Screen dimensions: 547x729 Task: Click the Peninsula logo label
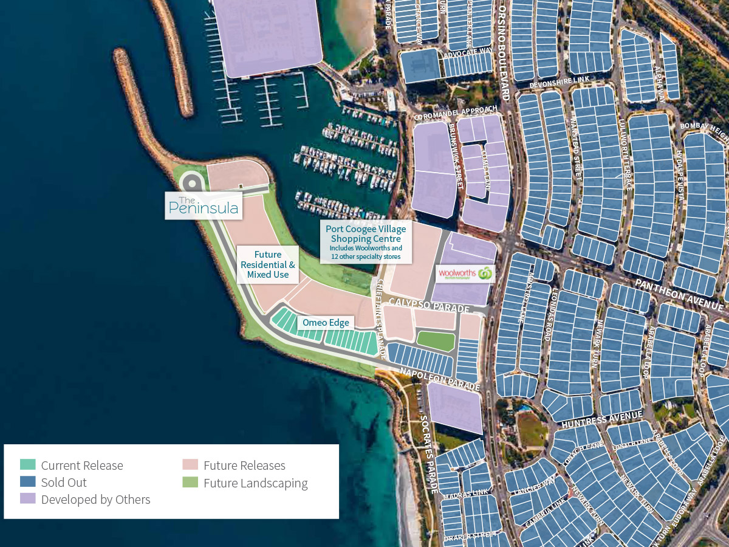(204, 206)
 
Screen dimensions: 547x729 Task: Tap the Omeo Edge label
(327, 323)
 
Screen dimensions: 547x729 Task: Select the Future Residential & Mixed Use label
(267, 265)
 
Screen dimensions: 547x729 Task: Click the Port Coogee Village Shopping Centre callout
(366, 242)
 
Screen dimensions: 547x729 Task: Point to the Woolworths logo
(465, 274)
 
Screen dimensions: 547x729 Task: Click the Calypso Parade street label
(430, 305)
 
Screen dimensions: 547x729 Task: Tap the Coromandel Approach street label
(454, 112)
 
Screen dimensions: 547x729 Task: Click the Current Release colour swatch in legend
(28, 465)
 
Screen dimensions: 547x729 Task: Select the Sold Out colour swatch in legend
(28, 482)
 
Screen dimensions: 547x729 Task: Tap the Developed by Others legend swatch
(28, 499)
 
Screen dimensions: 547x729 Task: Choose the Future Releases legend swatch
(191, 465)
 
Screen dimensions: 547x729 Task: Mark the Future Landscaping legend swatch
(191, 483)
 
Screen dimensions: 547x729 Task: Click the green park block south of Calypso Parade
(436, 341)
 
